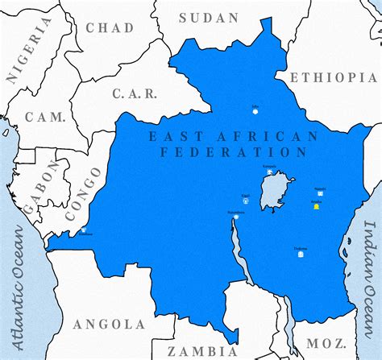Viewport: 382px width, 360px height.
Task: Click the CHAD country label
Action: (110, 28)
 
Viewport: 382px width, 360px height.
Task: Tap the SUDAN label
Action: (209, 18)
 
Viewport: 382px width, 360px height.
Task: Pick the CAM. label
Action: (45, 117)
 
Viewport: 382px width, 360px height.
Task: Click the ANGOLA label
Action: (109, 324)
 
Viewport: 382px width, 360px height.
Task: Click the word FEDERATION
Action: (234, 151)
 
